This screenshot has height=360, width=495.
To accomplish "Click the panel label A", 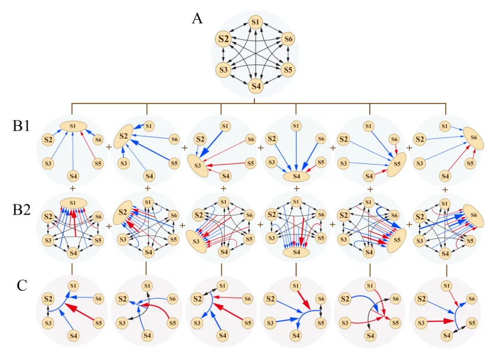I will point(197,18).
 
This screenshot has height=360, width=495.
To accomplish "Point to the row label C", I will point(21,285).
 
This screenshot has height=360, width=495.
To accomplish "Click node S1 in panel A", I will point(256,22).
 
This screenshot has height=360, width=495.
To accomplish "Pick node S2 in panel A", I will point(223,39).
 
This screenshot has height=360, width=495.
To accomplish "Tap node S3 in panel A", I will point(224,70).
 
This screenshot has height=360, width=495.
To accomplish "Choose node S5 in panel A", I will point(288,70).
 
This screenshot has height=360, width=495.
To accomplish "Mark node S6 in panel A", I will point(288,39).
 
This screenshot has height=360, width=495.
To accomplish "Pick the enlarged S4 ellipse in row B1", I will point(296,176).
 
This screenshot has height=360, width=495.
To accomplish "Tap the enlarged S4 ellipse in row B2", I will point(296,253).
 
